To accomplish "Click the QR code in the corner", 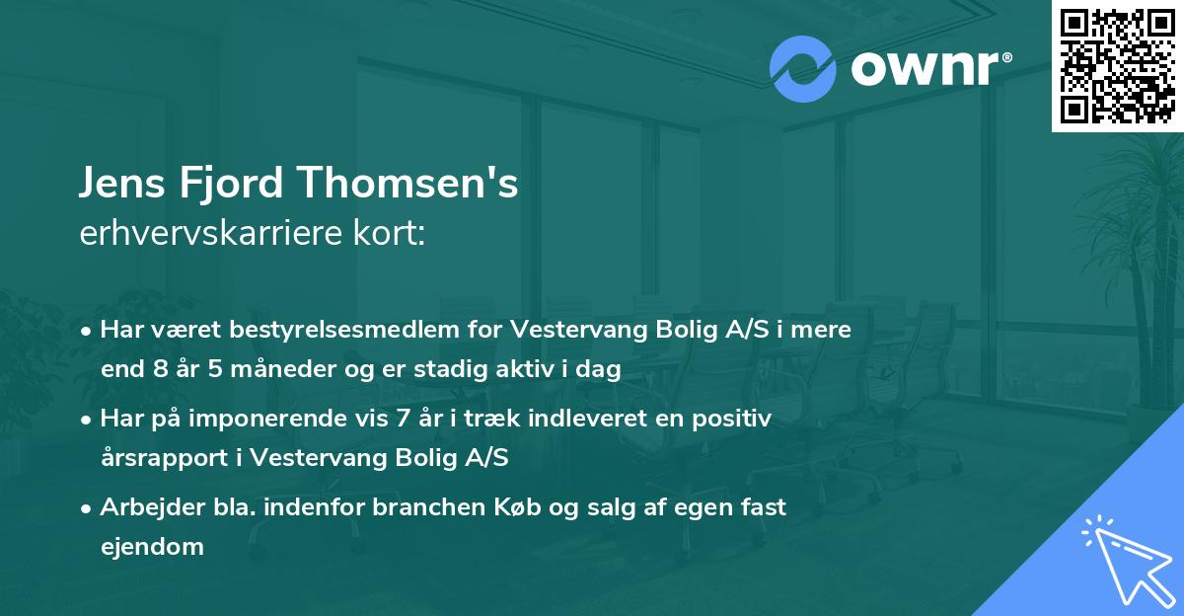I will click(1116, 65).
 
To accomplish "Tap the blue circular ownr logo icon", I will click(803, 69).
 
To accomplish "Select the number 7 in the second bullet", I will click(401, 419).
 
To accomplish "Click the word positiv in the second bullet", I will click(737, 419).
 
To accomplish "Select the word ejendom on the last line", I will click(152, 546).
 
